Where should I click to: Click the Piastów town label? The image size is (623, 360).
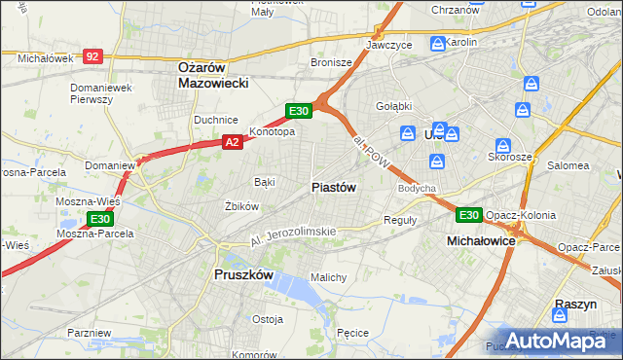(x=334, y=187)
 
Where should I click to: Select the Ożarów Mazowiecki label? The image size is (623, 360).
(x=213, y=75)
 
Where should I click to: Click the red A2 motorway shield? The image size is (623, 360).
(x=232, y=142)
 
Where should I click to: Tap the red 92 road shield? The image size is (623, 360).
(x=92, y=57)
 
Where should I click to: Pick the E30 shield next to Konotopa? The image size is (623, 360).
(x=299, y=111)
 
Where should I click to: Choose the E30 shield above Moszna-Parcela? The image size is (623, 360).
(x=99, y=219)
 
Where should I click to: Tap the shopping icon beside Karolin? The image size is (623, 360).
(x=438, y=44)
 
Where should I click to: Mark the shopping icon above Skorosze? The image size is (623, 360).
(x=503, y=142)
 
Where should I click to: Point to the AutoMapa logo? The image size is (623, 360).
(x=564, y=341)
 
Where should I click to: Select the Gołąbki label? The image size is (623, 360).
(x=394, y=106)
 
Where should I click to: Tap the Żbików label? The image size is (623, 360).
(x=241, y=206)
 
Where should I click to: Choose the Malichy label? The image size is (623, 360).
(x=328, y=277)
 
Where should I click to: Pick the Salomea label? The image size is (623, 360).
(x=568, y=165)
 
